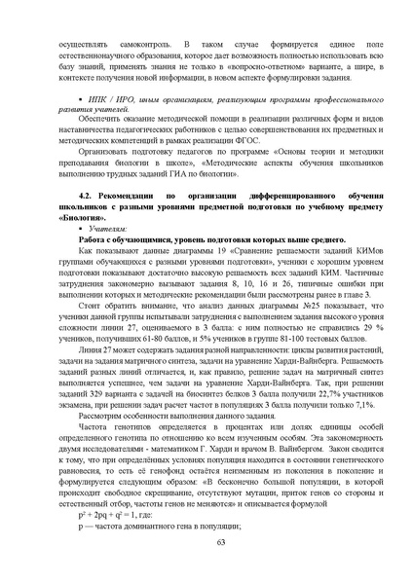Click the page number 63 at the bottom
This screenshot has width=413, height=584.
click(206, 541)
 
